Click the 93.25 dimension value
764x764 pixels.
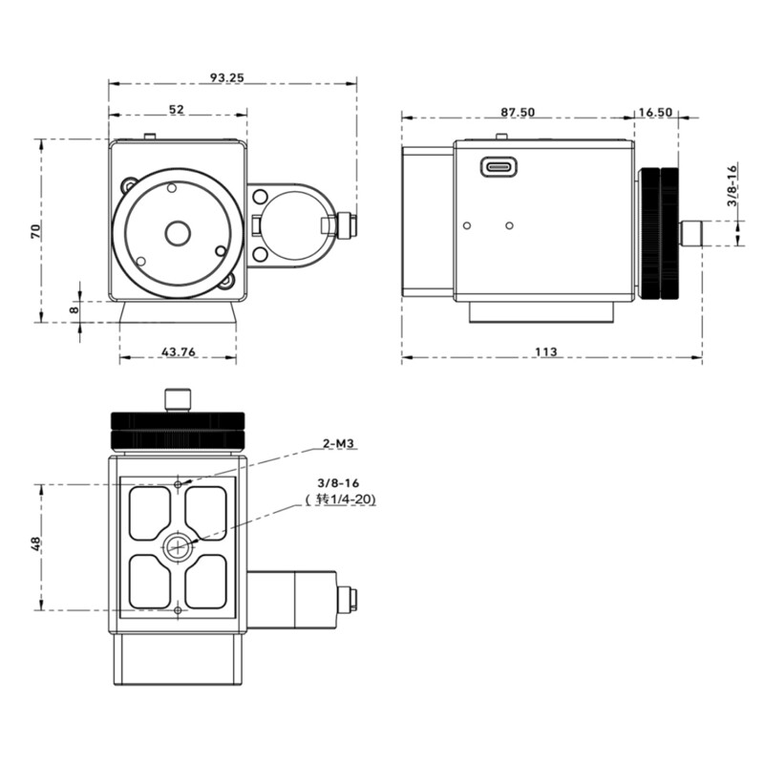click(x=225, y=77)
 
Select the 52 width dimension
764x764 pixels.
click(x=177, y=110)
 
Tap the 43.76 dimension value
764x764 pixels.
click(x=179, y=352)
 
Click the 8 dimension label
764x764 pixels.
click(x=74, y=308)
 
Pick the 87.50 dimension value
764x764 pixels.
click(x=518, y=112)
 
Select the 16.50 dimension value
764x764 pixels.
click(x=655, y=112)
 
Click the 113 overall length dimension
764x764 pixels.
click(x=545, y=351)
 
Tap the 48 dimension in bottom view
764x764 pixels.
click(x=35, y=543)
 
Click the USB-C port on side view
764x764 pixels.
click(x=499, y=166)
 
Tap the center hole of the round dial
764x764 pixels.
click(x=177, y=232)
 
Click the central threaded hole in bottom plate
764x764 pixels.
click(x=178, y=547)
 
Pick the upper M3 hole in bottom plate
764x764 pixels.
click(x=179, y=484)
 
